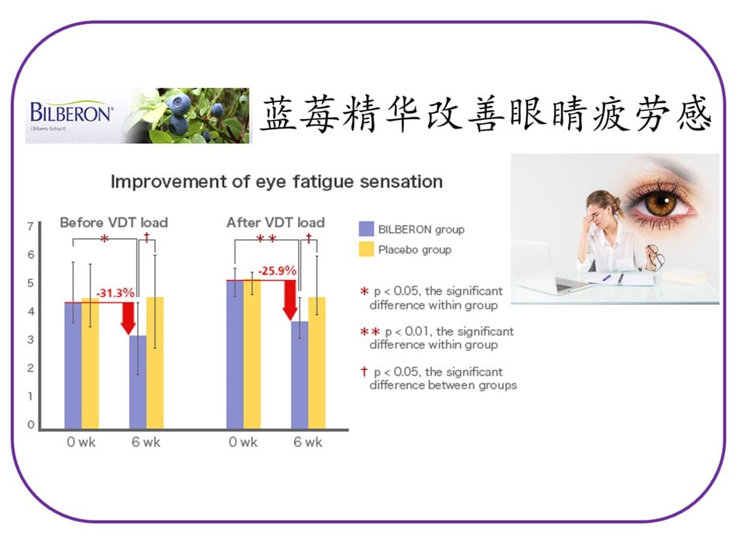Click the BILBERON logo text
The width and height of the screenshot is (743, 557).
[x=71, y=112]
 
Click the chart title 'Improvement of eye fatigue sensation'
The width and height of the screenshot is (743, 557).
[x=277, y=182]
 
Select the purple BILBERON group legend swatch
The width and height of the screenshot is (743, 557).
[x=366, y=229]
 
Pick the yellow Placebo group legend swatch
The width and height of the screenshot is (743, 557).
[x=366, y=249]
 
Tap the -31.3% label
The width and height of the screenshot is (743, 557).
[x=115, y=293]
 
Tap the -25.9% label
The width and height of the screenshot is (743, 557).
[x=277, y=271]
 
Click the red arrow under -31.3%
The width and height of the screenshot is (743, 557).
[x=128, y=318]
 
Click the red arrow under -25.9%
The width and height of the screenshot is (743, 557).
[x=290, y=300]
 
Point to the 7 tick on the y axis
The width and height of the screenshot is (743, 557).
[x=30, y=227]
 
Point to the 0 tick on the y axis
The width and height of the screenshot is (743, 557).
[x=31, y=425]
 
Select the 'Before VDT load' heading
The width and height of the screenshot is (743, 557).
[x=114, y=223]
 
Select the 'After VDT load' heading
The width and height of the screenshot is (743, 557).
[x=276, y=223]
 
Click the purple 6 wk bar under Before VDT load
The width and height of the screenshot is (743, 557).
[x=138, y=381]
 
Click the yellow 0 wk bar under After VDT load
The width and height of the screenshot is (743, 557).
[x=252, y=354]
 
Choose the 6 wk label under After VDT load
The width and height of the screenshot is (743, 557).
[x=307, y=443]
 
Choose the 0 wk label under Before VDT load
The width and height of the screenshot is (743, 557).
[x=81, y=443]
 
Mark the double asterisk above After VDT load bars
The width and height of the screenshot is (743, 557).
[x=266, y=238]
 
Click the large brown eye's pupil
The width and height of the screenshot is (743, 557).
[x=662, y=203]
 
